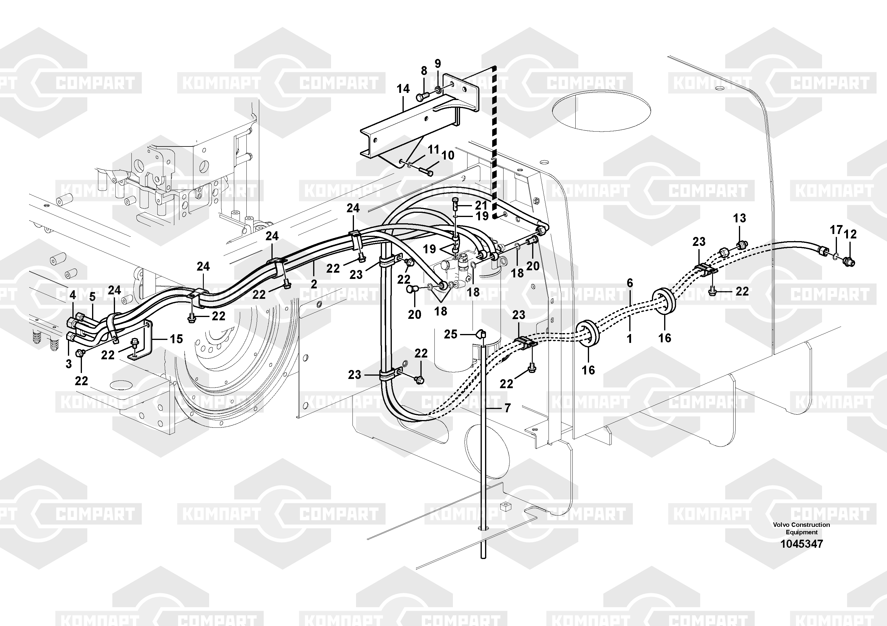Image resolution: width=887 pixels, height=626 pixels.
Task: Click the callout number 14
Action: [403, 89]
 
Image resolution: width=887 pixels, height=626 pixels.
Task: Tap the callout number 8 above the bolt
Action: [424, 71]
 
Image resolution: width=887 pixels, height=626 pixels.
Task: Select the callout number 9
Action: [438, 63]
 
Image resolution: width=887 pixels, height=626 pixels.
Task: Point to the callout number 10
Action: [448, 156]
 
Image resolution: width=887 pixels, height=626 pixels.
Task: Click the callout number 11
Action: [434, 149]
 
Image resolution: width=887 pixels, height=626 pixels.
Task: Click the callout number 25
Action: [451, 334]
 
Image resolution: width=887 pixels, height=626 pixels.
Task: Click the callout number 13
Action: [740, 218]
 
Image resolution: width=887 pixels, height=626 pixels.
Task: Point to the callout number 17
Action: [836, 230]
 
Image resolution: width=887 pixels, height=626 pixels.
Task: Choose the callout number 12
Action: [850, 234]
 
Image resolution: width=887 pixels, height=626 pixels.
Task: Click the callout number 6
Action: [630, 283]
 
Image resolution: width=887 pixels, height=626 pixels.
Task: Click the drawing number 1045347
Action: [801, 544]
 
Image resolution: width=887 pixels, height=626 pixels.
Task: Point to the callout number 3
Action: [69, 364]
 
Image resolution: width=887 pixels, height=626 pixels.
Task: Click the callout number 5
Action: [92, 297]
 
